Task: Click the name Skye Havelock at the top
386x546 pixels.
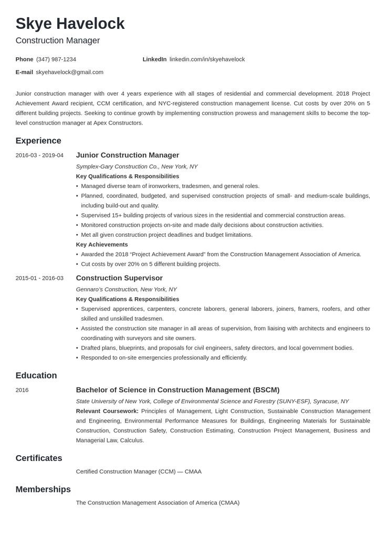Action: point(70,24)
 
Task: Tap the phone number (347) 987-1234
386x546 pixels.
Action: point(56,59)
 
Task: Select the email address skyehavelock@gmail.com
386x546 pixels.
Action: point(69,72)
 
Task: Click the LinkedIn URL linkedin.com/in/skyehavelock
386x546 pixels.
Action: point(207,59)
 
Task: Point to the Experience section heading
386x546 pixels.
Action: point(38,141)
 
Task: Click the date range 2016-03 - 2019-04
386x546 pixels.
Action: point(39,155)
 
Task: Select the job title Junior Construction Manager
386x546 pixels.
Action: point(128,155)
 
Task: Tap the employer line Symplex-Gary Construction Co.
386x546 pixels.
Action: point(137,166)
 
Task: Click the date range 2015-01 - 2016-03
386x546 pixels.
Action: point(39,278)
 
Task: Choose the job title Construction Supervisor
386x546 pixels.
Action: point(119,278)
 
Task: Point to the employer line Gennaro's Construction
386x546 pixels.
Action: point(126,289)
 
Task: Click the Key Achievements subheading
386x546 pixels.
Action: point(102,245)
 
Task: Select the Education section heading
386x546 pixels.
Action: point(36,375)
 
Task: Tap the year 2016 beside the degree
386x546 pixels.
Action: point(22,390)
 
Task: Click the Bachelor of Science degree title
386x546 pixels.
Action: point(178,390)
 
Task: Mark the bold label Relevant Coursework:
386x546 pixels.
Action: point(107,411)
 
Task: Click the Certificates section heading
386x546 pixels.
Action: point(39,458)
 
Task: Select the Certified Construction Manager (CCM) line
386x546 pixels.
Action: point(139,471)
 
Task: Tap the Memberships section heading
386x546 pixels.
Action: point(43,489)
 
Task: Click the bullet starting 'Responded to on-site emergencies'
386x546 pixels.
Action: point(164,358)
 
